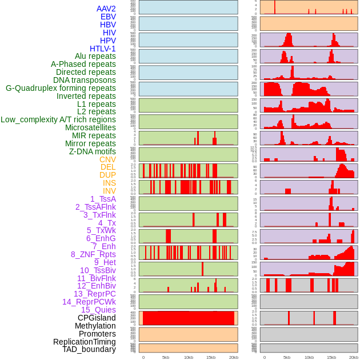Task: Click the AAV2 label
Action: coord(106,9)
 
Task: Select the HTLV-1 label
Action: coord(102,49)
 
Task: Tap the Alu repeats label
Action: coord(95,56)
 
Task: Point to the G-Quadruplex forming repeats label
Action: coord(61,88)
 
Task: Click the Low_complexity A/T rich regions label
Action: coord(58,119)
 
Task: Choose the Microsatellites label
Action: coord(90,127)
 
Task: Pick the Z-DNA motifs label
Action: coord(92,151)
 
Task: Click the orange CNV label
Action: coord(107,159)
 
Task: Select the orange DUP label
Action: coord(107,175)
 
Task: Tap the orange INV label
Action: coord(109,191)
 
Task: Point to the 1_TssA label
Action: coord(103,199)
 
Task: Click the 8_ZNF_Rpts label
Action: coord(93,254)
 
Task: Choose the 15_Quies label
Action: coord(98,310)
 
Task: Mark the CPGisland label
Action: coord(97,318)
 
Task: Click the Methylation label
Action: coord(95,326)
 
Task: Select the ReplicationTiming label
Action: coord(84,342)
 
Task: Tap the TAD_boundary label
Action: coord(89,349)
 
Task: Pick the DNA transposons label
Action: coord(85,80)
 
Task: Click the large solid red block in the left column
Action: coord(188,318)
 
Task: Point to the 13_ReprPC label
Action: coord(94,294)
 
